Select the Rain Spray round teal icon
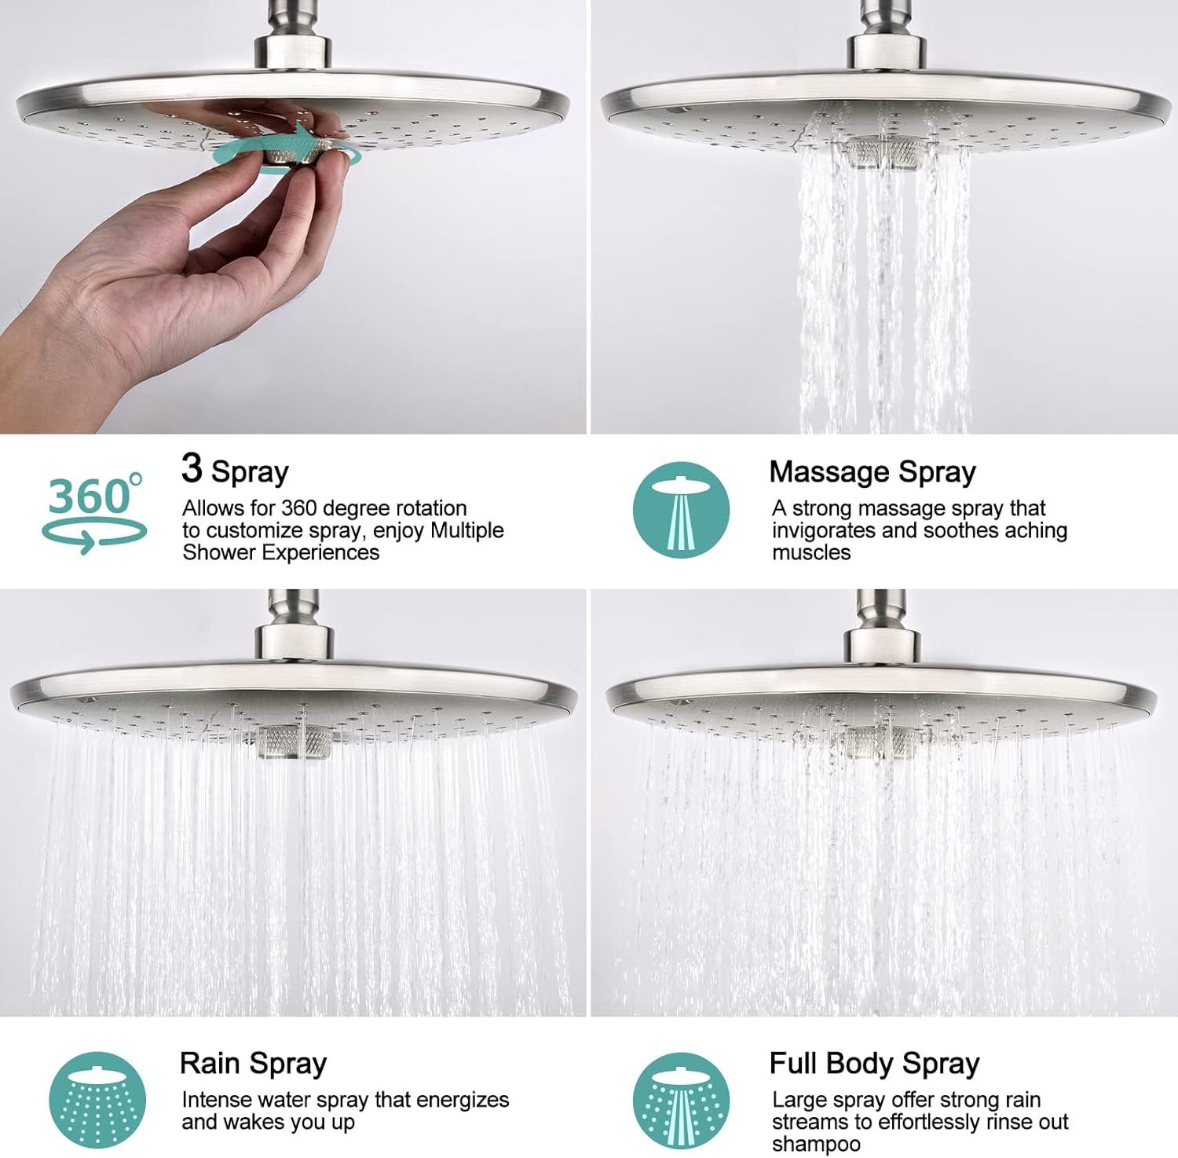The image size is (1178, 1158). pos(97,1101)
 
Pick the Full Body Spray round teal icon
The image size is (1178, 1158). pos(682,1101)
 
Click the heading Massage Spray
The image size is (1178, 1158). pos(873,472)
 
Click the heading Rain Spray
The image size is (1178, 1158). pos(253,1064)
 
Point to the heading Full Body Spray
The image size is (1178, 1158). pos(874,1064)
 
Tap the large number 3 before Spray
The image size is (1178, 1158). pos(192,467)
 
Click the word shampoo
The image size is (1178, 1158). pos(816,1145)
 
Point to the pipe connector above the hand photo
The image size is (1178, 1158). pos(294,39)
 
